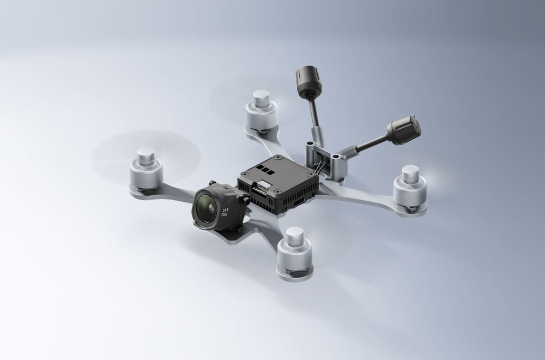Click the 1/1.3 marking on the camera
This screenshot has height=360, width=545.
click(x=226, y=210)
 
